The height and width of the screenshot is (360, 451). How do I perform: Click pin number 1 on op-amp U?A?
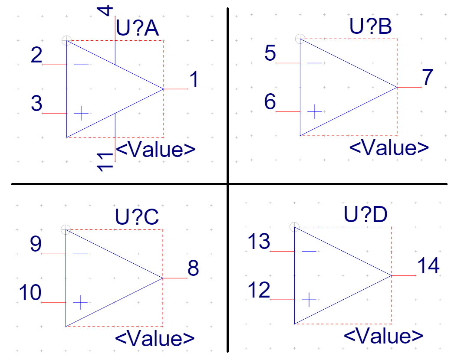click(x=194, y=80)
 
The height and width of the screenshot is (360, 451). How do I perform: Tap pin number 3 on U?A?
click(x=36, y=105)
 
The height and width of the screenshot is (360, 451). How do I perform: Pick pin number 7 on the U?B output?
click(x=428, y=78)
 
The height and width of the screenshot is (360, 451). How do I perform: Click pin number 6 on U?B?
click(x=270, y=103)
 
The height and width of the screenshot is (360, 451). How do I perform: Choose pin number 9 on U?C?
click(x=36, y=244)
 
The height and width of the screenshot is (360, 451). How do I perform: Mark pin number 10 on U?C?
click(x=30, y=293)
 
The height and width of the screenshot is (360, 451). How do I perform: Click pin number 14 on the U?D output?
click(x=428, y=265)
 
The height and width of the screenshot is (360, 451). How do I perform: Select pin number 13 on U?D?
click(x=259, y=242)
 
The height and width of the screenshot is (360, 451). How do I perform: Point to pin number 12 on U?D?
click(x=259, y=290)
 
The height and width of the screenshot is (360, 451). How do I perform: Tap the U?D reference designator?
click(x=366, y=215)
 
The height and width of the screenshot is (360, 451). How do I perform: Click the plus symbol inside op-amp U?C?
click(x=80, y=302)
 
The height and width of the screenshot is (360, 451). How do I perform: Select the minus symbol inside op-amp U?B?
click(x=315, y=63)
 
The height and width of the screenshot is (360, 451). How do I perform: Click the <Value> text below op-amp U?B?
click(x=389, y=148)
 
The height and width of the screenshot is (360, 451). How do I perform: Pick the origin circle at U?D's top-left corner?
click(x=294, y=226)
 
